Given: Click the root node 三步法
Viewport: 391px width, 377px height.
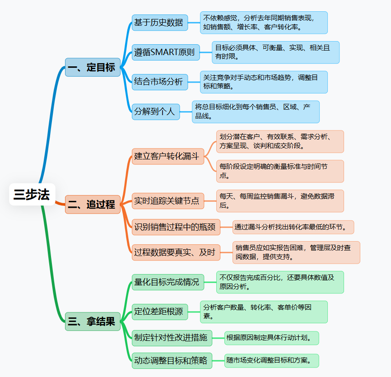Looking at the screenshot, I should coord(32,194).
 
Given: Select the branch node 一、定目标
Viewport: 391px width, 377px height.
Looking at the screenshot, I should coord(93,67).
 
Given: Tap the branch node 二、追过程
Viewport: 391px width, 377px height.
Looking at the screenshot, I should coord(93,205).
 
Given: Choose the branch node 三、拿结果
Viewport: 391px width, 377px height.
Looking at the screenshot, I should coord(93,321).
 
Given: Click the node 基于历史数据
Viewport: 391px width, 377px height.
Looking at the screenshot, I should coord(160,23).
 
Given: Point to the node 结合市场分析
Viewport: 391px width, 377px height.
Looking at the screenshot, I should coord(160,82).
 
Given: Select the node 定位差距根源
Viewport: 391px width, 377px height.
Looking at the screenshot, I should coord(159,312).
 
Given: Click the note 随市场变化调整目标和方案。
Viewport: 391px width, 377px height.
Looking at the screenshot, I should coord(272,361).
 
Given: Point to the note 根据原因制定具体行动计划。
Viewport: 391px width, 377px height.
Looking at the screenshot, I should coord(272,337).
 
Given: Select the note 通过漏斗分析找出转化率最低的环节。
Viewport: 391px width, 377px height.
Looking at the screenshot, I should coord(293,227).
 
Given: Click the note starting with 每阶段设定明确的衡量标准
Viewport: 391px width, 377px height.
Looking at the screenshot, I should coord(280,171).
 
